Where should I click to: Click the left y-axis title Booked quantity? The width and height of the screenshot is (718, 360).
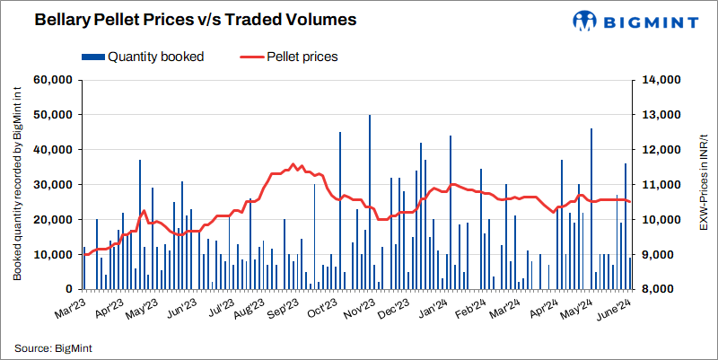(x=16, y=184)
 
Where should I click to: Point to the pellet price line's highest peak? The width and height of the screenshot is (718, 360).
(x=293, y=164)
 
